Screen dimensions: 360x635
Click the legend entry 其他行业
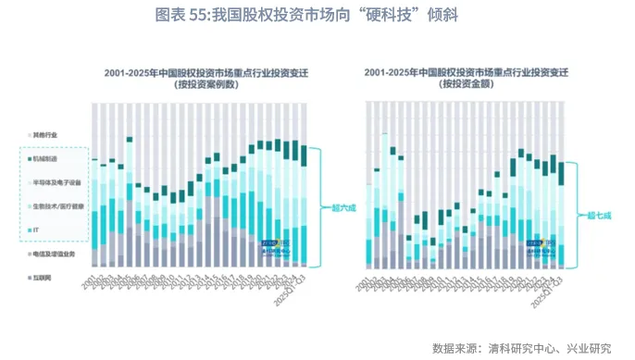click(x=45, y=135)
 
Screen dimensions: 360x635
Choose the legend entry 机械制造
click(x=45, y=159)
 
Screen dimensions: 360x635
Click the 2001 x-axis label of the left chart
click(x=93, y=276)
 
